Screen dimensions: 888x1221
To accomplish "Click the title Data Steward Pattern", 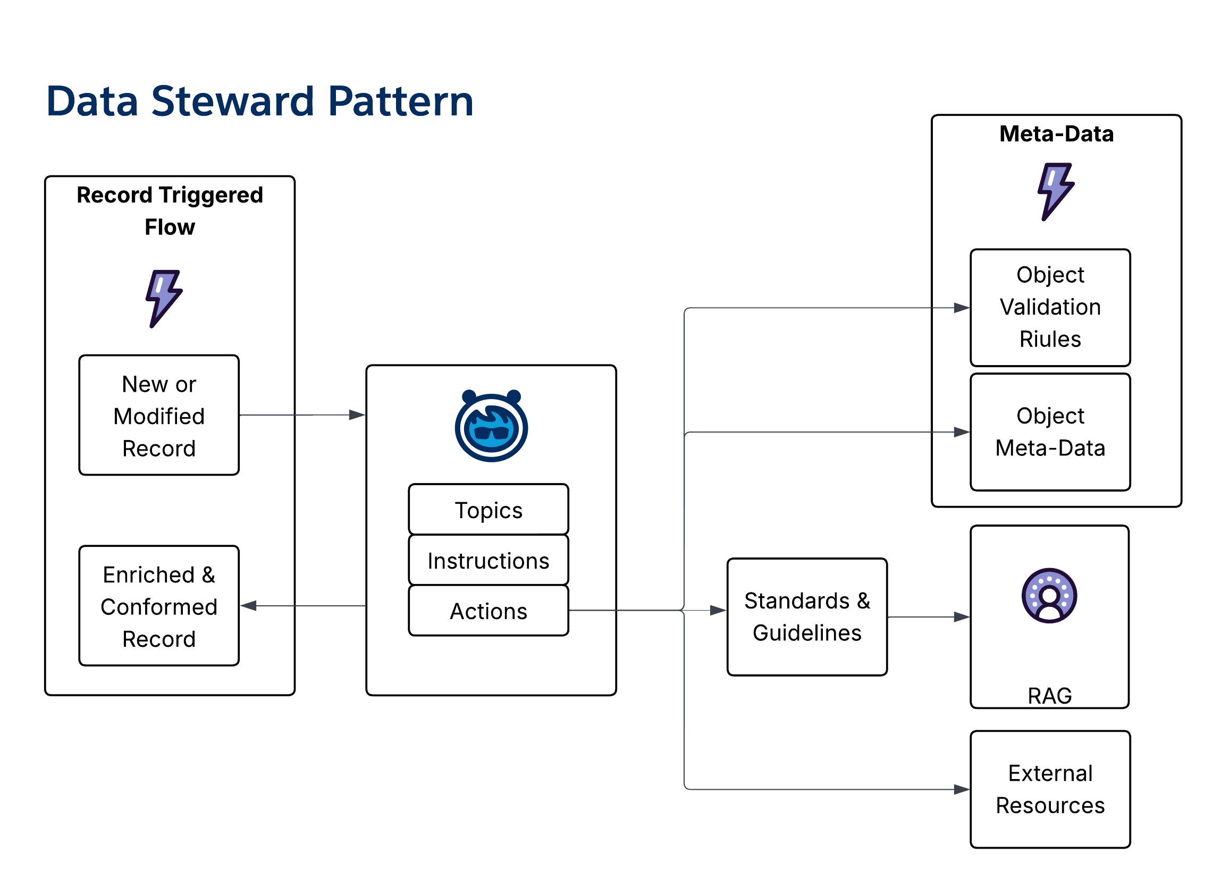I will (259, 101).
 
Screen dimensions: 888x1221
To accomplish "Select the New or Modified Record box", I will (159, 416).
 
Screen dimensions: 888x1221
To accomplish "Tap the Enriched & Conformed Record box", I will (159, 606).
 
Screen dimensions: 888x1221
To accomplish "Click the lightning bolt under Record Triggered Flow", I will (164, 299).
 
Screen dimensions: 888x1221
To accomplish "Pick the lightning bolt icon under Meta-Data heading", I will (1056, 192).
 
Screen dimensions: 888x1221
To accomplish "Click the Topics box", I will (489, 510).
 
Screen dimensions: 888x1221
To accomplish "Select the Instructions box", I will (489, 560).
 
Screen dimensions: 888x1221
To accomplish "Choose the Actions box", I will (489, 611).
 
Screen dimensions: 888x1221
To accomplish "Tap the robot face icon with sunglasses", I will (491, 426).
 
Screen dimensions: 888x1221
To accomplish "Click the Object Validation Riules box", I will (1050, 307).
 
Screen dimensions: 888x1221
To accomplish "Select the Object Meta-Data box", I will (1050, 432).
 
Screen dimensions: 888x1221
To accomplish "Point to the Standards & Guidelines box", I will (806, 617).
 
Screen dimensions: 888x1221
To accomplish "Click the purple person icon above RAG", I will (1049, 596).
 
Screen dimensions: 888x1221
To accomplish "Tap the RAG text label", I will (1049, 696).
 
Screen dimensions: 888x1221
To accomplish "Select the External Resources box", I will (1050, 789).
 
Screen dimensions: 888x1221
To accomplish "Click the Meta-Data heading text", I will (1056, 133).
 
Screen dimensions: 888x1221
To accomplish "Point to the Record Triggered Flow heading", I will (170, 210).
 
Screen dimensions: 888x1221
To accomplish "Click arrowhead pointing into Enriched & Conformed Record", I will (249, 606).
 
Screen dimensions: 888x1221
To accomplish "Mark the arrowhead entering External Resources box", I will (962, 790).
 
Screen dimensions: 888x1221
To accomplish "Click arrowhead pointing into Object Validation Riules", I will (962, 308).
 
